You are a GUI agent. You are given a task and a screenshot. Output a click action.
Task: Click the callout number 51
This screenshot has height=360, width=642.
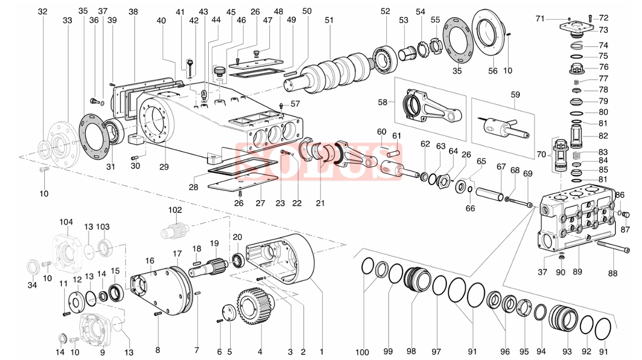click(x=329, y=20)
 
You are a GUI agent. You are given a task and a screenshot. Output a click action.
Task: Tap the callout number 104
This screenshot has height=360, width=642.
click(x=66, y=222)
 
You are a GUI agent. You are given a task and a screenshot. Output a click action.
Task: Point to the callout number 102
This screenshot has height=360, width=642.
click(x=175, y=210)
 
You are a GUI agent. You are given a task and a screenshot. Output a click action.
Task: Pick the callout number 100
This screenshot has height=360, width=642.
click(x=362, y=352)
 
